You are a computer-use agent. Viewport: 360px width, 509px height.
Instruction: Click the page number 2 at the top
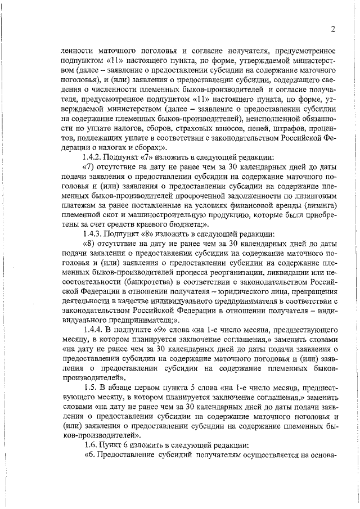click(x=333, y=29)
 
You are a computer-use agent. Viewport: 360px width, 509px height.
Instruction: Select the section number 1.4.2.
click(x=93, y=157)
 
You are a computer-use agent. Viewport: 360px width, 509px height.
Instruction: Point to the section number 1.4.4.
click(x=93, y=327)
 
